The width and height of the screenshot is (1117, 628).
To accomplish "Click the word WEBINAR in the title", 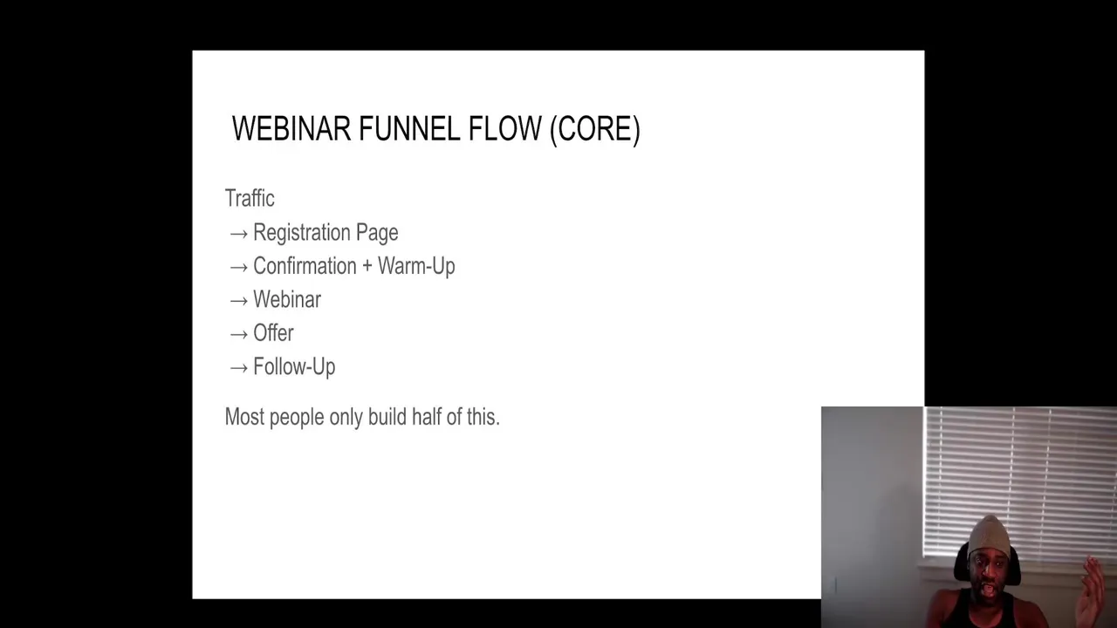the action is tap(291, 128).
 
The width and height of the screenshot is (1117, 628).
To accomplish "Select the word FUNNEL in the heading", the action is tap(409, 128).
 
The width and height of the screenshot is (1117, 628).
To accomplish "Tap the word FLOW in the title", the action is tap(504, 128).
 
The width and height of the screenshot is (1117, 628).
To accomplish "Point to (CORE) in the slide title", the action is tap(595, 130).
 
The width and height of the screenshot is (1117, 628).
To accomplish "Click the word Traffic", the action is tap(250, 198).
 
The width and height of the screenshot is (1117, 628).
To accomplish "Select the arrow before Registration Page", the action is tap(239, 234).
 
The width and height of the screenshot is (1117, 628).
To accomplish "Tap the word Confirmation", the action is tap(305, 266).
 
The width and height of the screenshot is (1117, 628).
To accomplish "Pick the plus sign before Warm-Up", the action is tap(367, 266).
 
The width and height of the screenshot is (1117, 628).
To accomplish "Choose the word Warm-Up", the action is tap(416, 267).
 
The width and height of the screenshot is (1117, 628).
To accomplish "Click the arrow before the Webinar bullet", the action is tap(239, 301).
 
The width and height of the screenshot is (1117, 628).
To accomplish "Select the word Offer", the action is tap(273, 333).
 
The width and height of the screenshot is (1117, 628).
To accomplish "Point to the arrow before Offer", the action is tap(239, 334).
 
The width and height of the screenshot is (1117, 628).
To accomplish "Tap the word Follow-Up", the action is tap(294, 367).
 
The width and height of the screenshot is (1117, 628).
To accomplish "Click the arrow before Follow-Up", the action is tap(239, 368).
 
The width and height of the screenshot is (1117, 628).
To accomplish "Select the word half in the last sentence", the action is tap(427, 417).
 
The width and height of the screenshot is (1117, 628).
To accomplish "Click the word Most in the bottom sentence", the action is tap(244, 417).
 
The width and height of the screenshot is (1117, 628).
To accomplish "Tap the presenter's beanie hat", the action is tap(990, 536).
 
